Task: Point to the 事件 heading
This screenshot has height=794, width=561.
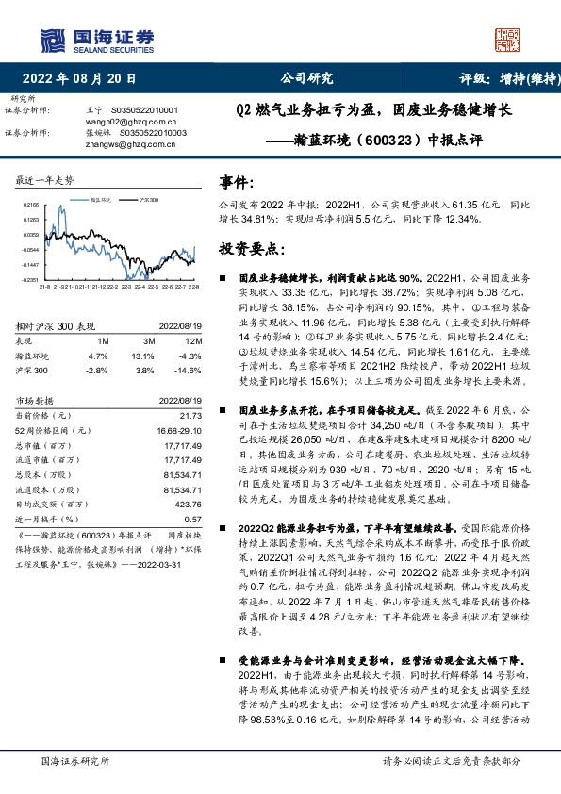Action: click(236, 182)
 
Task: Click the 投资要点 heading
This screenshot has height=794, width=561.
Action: click(246, 249)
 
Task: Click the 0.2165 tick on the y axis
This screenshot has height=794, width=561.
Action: click(30, 204)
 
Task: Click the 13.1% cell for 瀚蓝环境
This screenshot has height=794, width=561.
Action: click(142, 356)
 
